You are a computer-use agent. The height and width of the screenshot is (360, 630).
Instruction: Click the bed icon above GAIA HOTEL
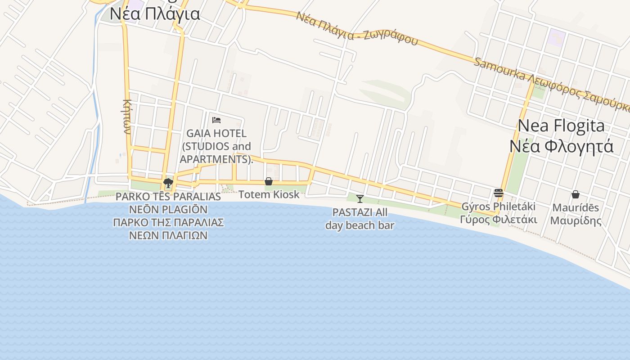(x=216, y=120)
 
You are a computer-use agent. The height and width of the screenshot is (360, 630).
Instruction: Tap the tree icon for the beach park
(x=168, y=183)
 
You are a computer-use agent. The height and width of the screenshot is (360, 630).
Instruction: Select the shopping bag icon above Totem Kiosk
(x=269, y=181)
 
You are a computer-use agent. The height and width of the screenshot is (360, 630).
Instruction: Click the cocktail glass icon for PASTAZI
(x=360, y=198)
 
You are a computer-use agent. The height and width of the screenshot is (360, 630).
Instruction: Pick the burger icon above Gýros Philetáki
(x=499, y=193)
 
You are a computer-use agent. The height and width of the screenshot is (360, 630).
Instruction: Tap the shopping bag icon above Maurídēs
(x=575, y=194)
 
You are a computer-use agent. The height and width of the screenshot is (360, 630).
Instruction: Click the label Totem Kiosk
(x=269, y=194)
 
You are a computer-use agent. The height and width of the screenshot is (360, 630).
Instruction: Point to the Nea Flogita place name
(x=561, y=126)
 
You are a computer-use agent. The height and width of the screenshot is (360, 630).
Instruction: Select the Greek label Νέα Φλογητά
(x=561, y=146)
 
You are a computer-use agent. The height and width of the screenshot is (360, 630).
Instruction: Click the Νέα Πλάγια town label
(x=155, y=14)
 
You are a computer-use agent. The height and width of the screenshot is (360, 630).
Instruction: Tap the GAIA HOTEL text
(x=216, y=134)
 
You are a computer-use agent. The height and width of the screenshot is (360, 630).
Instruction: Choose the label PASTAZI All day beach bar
(x=360, y=219)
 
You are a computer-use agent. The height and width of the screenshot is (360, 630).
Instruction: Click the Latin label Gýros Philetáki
(x=499, y=207)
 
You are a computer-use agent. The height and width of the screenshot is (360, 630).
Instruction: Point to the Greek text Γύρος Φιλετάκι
(x=499, y=220)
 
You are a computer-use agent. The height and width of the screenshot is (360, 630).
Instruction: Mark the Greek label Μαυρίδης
(x=576, y=220)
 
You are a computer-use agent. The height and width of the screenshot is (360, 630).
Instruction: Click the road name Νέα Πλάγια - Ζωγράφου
(x=357, y=28)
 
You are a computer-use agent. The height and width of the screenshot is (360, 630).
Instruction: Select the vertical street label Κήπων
(x=126, y=117)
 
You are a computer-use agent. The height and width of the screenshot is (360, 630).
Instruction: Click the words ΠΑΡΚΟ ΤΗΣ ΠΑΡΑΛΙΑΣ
(x=168, y=222)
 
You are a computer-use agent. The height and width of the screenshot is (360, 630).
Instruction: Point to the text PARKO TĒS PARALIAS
(x=168, y=197)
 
